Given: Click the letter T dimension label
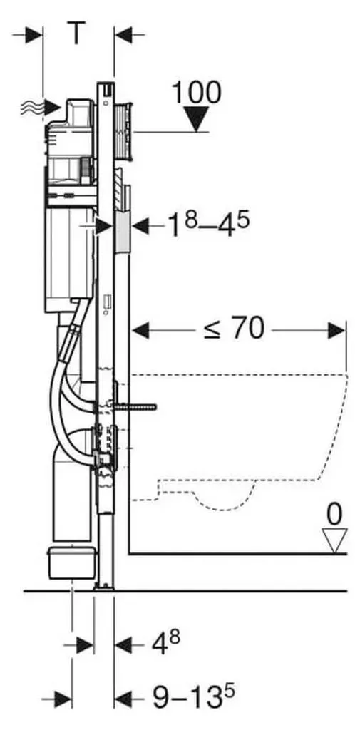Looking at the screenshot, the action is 78,33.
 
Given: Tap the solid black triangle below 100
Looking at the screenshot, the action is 197,119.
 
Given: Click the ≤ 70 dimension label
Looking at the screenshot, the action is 235,329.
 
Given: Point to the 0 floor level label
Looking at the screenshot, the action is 334,515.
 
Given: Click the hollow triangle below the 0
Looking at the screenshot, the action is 335,541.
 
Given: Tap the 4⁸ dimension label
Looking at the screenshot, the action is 166,644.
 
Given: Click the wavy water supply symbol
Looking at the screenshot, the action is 31,108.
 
